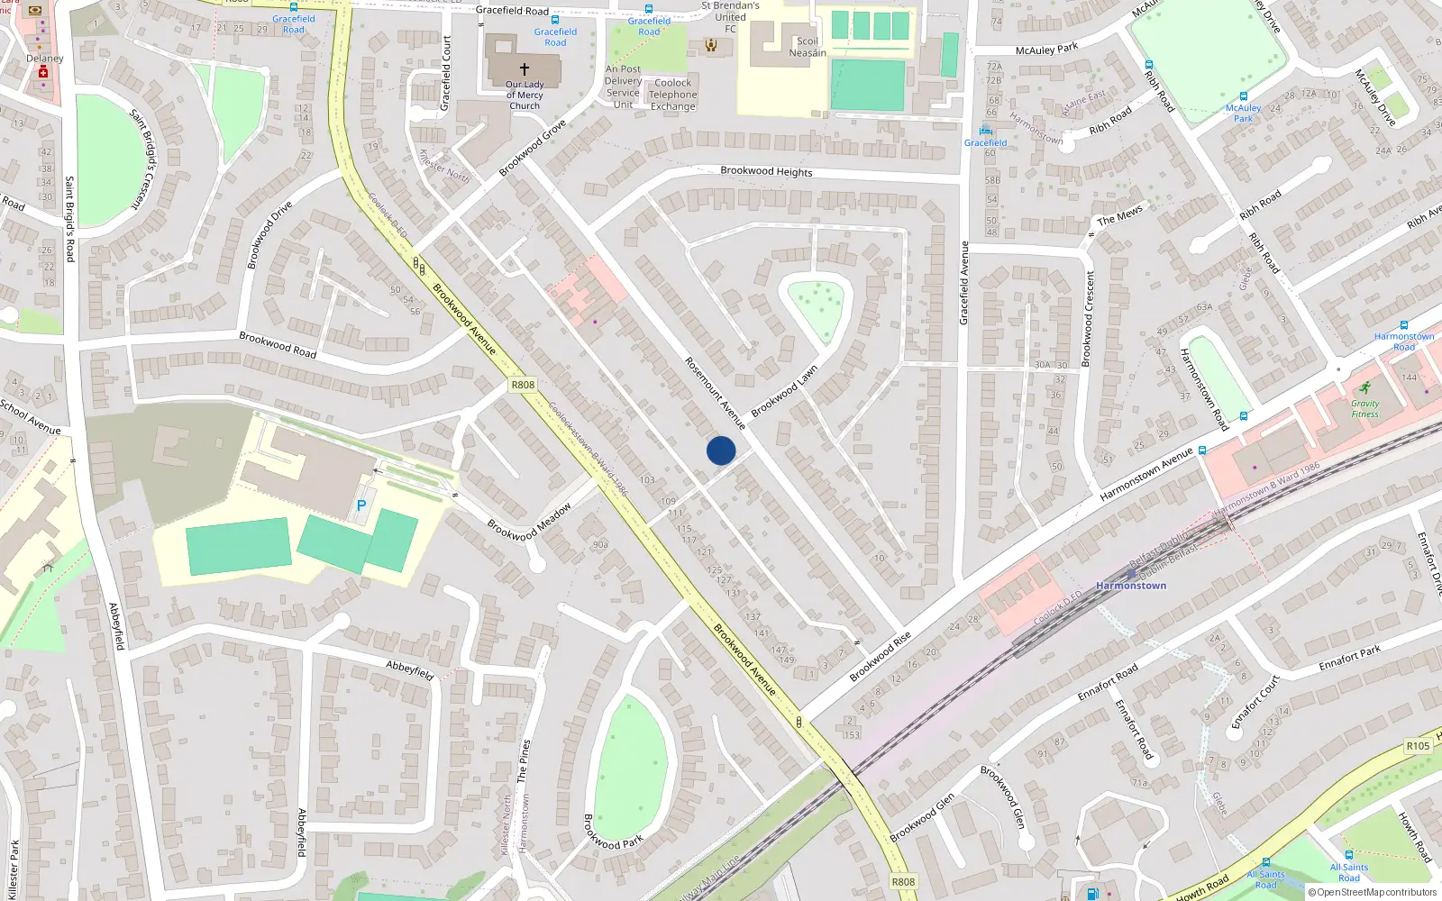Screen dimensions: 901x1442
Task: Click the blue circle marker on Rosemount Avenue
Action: (x=721, y=450)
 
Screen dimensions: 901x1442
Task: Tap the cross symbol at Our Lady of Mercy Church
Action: (x=525, y=68)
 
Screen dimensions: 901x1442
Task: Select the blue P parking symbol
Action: (x=361, y=506)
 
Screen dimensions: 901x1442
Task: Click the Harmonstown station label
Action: (x=1131, y=586)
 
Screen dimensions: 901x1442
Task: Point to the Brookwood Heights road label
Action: (x=766, y=171)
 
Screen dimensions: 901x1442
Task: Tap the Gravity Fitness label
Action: (x=1364, y=409)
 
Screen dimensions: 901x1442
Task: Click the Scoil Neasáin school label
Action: (x=808, y=47)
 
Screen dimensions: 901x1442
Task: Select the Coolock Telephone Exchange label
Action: (x=672, y=95)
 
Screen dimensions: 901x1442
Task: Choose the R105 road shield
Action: (x=1418, y=746)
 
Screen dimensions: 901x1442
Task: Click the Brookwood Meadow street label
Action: (x=529, y=522)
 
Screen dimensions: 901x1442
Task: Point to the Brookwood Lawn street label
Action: (x=784, y=390)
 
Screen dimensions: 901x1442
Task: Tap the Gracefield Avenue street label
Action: (x=963, y=283)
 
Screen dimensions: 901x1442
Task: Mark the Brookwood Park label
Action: (x=613, y=832)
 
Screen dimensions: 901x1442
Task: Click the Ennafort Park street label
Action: (x=1349, y=659)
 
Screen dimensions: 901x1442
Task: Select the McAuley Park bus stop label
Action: (x=1243, y=113)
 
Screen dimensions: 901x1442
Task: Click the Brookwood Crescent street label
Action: (x=1088, y=318)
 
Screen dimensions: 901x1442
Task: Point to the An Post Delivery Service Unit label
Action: (x=623, y=86)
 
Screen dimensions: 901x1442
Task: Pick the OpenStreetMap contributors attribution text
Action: (x=1377, y=893)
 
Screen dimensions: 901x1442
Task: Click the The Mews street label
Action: (x=1119, y=216)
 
